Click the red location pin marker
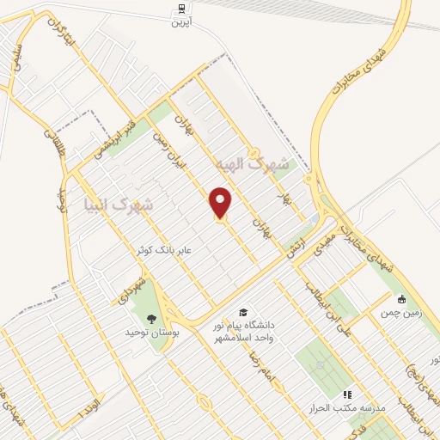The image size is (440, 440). coord(222,204)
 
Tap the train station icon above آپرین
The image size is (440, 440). coord(181,8)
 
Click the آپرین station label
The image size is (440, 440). coord(181,21)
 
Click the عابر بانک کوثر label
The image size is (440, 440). coord(168,249)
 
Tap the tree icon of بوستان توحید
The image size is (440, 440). coord(151,319)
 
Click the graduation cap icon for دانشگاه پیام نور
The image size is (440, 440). coord(243,312)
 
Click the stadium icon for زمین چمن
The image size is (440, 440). coord(400,300)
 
